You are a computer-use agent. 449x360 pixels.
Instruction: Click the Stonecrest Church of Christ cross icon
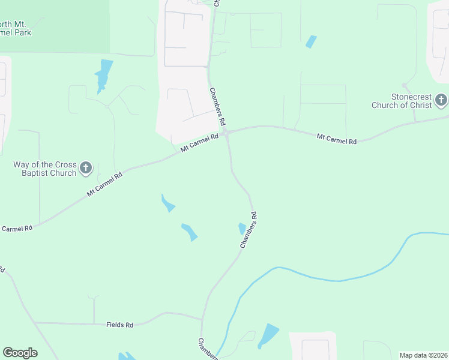[441, 100]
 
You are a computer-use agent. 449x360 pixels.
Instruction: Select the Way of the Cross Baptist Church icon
[86, 167]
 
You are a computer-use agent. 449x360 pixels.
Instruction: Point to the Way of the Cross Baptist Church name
[45, 169]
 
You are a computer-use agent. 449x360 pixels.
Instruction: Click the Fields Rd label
[119, 325]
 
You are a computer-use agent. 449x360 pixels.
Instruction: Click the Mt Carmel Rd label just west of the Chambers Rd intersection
[200, 142]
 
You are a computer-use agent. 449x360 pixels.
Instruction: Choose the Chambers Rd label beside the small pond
[249, 230]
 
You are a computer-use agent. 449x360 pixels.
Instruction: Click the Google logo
[20, 353]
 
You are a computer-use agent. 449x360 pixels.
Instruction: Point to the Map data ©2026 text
[423, 355]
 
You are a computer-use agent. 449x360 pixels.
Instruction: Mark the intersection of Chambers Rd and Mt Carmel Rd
[228, 134]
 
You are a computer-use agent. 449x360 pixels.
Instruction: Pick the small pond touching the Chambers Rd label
[242, 228]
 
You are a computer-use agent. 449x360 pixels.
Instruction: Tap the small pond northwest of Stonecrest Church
[311, 41]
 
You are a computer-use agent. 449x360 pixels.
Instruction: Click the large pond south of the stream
[268, 335]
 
